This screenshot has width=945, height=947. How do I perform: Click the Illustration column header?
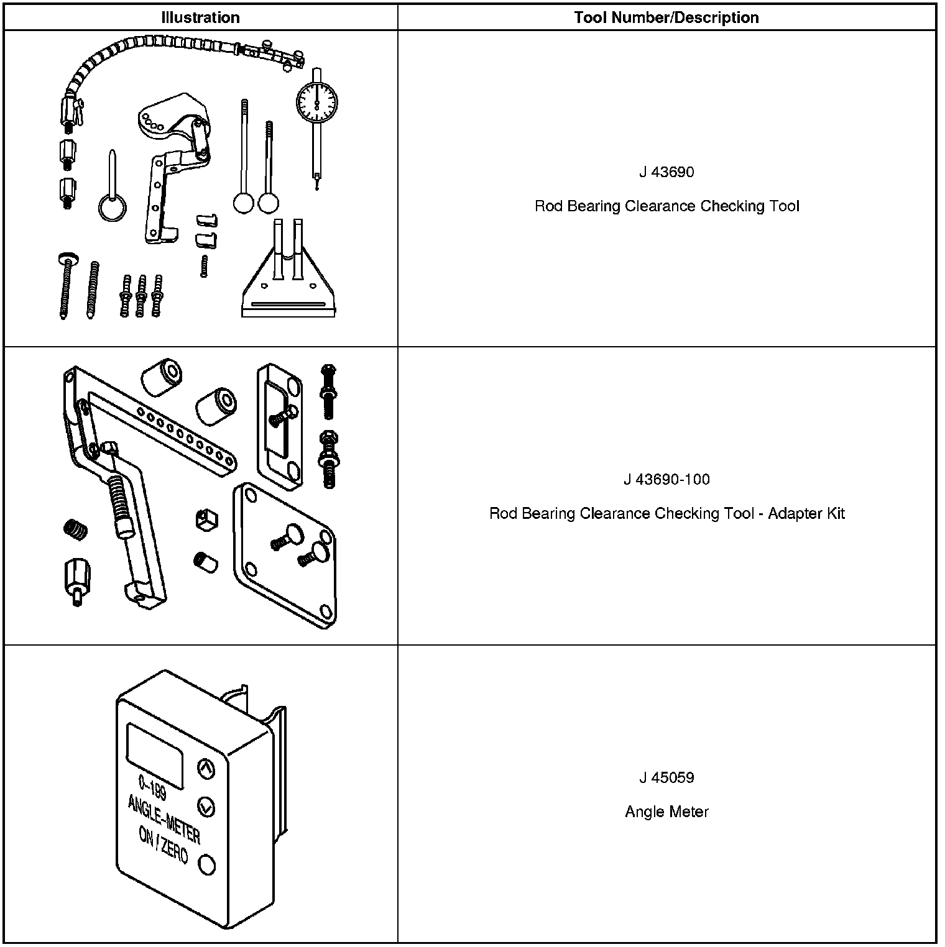point(200,17)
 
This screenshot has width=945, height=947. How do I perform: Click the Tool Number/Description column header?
point(666,17)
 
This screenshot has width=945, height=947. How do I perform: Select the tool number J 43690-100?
point(666,480)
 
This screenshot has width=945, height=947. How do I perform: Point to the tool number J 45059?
point(666,777)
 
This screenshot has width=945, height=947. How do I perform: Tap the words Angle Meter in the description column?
point(666,812)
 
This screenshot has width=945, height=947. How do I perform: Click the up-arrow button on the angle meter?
point(206,769)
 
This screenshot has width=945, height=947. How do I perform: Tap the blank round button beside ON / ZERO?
point(206,864)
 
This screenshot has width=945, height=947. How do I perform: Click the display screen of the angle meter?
point(155,756)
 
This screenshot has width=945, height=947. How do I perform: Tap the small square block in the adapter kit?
point(206,519)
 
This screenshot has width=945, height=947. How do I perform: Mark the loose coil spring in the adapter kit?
point(76,529)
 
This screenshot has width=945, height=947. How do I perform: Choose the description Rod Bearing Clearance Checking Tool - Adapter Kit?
point(666,514)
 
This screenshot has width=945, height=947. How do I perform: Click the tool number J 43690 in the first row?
point(666,172)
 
